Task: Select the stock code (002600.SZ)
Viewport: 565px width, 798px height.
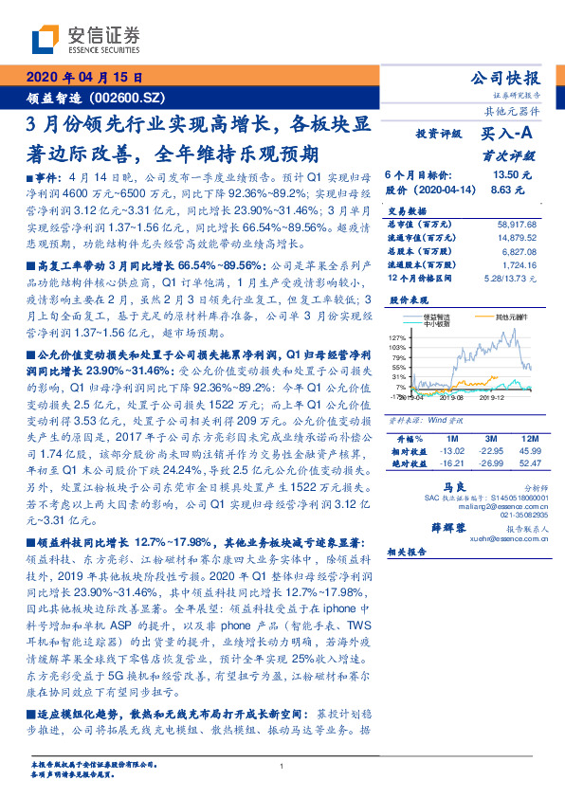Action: coord(129,97)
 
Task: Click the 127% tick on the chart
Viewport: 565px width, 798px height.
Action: coord(398,337)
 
